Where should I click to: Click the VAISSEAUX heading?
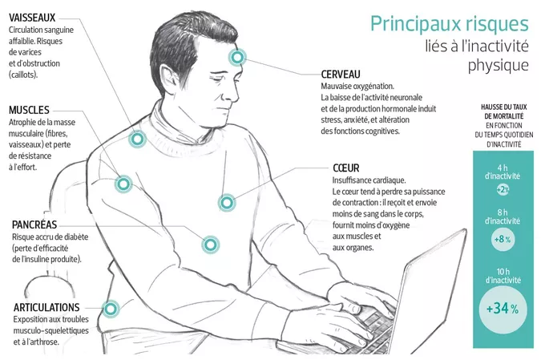(32, 18)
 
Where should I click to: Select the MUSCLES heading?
(29, 110)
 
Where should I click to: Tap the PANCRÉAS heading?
(34, 224)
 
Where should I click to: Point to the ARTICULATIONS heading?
(46, 307)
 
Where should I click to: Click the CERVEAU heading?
(341, 74)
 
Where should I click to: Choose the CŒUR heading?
(346, 168)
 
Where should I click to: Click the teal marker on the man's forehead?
(237, 57)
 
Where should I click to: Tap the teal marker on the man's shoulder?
(137, 140)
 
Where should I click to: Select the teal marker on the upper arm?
(123, 184)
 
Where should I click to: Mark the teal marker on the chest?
(227, 202)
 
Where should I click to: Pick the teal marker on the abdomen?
(210, 245)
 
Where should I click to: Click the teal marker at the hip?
(111, 309)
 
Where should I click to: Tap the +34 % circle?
(503, 309)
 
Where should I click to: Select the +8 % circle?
(503, 239)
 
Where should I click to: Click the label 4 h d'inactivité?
(503, 172)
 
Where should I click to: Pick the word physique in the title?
(498, 66)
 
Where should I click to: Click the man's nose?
(235, 92)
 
